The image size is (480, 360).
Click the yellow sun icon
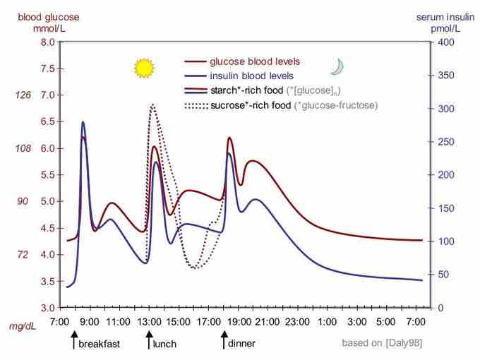[144, 68]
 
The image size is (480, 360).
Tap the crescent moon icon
[337, 66]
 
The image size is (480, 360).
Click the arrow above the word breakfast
[73, 340]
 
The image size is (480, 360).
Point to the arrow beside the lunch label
[148, 340]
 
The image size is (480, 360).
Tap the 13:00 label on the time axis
[148, 322]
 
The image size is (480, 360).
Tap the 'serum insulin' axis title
[438, 16]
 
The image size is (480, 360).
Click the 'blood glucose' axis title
[34, 16]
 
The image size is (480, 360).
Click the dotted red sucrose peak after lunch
[152, 105]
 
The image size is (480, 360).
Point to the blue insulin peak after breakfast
[83, 123]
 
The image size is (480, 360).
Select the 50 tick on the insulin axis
[441, 275]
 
